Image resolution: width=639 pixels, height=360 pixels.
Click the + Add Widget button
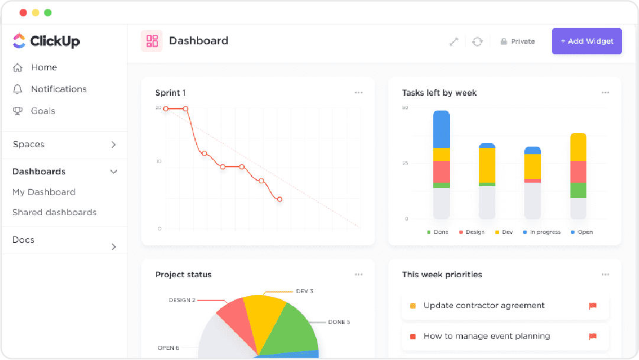[586, 41]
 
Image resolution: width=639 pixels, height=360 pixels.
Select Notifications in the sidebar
[59, 89]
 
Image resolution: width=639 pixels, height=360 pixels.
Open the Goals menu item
[43, 111]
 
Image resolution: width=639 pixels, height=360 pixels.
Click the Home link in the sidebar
[44, 67]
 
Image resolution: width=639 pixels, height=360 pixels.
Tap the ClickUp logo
[46, 41]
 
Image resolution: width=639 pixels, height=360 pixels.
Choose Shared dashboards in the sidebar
[54, 212]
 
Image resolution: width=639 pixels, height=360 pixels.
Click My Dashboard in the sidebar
[44, 192]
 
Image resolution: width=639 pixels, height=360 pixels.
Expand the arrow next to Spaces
[113, 145]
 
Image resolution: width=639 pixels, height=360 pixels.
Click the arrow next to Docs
[113, 247]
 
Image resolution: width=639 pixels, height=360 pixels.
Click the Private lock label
[518, 41]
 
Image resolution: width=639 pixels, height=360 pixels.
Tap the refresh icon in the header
[477, 41]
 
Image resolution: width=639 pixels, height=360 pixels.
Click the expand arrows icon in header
[453, 41]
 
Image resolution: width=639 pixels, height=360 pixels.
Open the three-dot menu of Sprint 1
[358, 93]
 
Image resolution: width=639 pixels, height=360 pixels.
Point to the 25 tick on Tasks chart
[405, 163]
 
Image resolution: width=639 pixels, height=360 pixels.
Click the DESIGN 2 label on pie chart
[182, 300]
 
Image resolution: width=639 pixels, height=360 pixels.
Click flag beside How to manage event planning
[592, 336]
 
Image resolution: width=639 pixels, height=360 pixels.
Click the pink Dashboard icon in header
[152, 41]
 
